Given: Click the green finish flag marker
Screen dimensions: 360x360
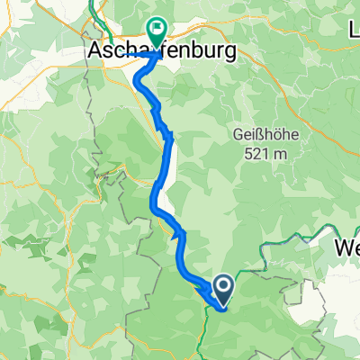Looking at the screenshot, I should [x=157, y=33].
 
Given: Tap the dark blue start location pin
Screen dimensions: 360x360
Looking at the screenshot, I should [x=221, y=290].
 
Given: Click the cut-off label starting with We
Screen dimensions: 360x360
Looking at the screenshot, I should [x=346, y=247].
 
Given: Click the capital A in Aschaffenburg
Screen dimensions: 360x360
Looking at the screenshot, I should [x=96, y=54].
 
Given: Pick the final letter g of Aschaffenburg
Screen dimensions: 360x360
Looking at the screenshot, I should [x=228, y=56].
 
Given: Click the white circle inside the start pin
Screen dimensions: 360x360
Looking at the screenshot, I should [x=221, y=286].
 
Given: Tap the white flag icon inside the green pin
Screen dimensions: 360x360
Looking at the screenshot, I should [x=157, y=30].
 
